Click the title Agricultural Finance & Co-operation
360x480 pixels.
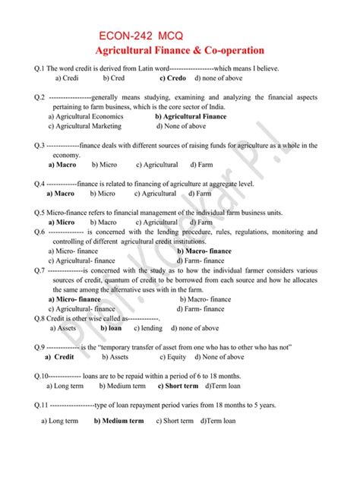click(x=179, y=50)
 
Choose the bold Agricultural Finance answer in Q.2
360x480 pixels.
click(x=191, y=117)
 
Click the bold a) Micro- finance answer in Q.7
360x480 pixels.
click(x=74, y=299)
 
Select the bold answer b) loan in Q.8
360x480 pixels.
click(x=111, y=328)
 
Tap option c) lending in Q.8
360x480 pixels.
click(x=148, y=328)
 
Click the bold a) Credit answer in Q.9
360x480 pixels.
click(x=59, y=356)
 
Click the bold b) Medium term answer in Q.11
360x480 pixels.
click(x=118, y=420)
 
